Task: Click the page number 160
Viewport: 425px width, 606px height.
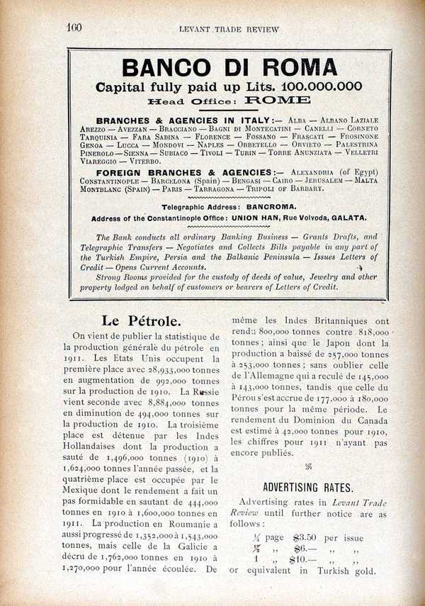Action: pos(75,28)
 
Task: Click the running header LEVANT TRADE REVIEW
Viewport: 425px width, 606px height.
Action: pos(229,29)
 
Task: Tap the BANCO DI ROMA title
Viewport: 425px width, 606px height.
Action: pos(229,67)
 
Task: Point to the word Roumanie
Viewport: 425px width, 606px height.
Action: pos(168,525)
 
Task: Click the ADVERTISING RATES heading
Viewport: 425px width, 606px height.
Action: pos(307,487)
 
